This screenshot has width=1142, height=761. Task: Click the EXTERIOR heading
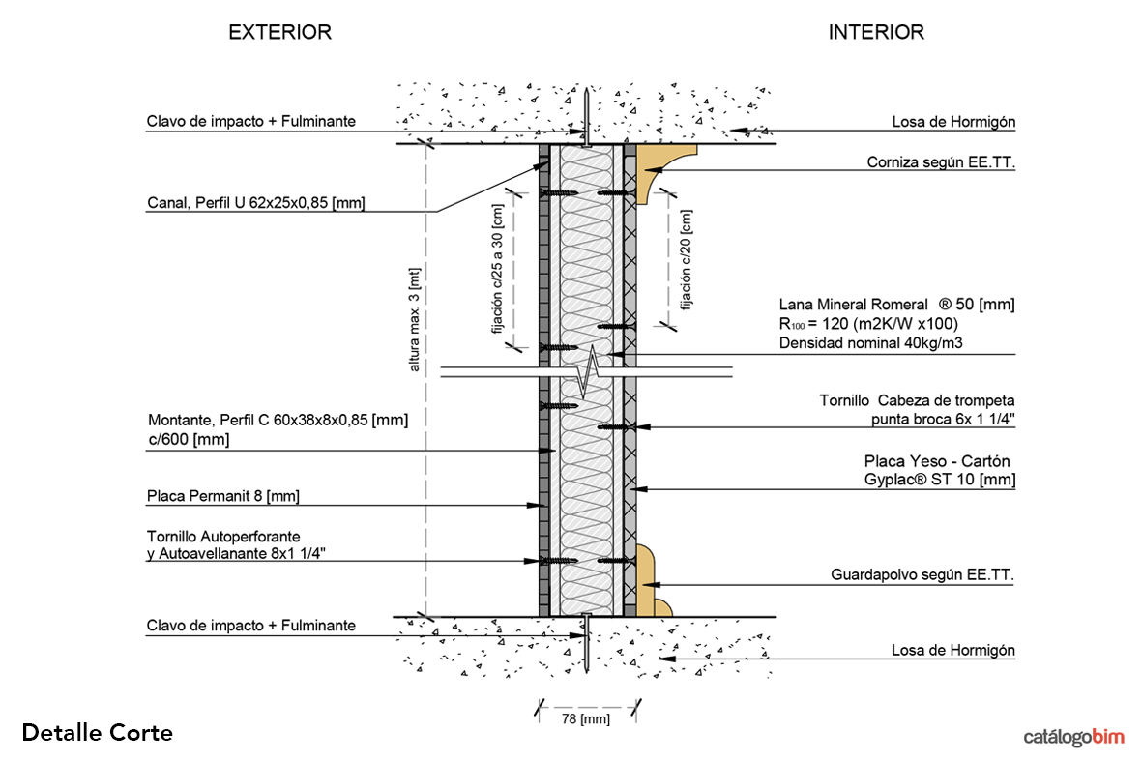pos(279,32)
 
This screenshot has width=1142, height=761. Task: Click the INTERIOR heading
pos(875,32)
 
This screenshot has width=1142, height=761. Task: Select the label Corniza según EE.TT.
pos(941,163)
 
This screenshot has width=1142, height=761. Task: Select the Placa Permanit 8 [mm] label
pos(223,496)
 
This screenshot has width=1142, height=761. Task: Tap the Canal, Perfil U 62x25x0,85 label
pos(256,203)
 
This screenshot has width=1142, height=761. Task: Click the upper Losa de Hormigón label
pos(952,122)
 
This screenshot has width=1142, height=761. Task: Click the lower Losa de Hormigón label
pos(952,651)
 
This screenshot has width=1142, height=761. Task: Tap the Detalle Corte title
pos(97,733)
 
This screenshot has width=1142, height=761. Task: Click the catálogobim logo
pos(1073,737)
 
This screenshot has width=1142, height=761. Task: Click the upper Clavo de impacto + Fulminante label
pos(251,122)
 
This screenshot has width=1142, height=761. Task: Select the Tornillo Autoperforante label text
pos(223,536)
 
